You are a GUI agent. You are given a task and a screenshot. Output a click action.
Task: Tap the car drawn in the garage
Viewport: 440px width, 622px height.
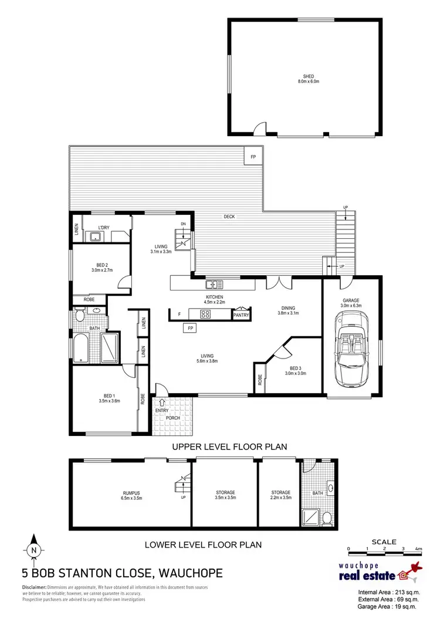350,350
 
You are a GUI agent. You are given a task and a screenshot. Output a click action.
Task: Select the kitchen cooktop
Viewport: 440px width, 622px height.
206,314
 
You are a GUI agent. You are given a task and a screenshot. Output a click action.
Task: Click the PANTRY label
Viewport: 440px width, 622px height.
241,315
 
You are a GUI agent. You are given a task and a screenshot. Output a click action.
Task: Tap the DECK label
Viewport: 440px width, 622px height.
229,217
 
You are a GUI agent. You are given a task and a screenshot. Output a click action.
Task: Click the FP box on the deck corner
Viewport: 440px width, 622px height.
253,157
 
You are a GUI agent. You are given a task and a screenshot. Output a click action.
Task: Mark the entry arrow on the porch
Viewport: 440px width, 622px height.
162,403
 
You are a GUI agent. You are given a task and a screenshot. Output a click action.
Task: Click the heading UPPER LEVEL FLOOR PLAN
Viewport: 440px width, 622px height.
229,447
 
